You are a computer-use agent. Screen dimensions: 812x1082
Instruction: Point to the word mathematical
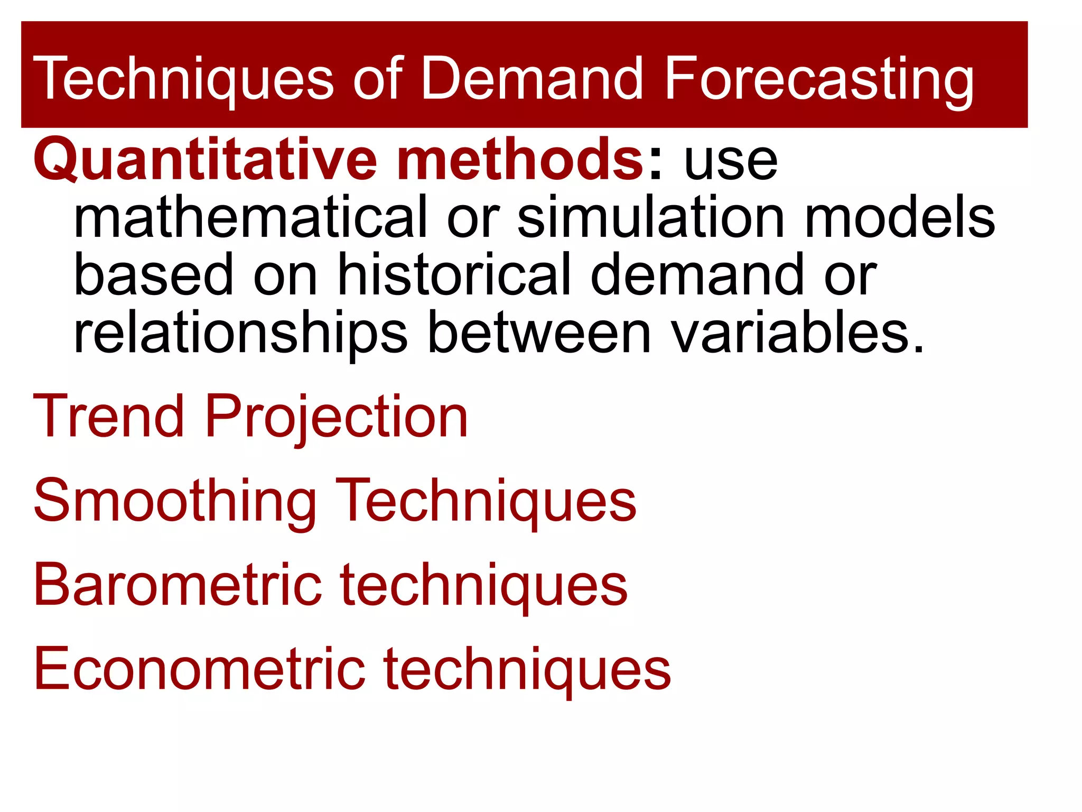[x=250, y=217]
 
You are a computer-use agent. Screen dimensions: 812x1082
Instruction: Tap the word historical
[x=454, y=275]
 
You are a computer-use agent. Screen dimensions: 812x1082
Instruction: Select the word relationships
[x=240, y=334]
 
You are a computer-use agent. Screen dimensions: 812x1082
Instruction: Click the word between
[x=539, y=334]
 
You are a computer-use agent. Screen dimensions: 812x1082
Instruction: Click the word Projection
[x=336, y=418]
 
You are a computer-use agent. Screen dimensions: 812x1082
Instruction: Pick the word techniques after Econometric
[x=527, y=670]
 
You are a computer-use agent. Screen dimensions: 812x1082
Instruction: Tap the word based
[x=153, y=275]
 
